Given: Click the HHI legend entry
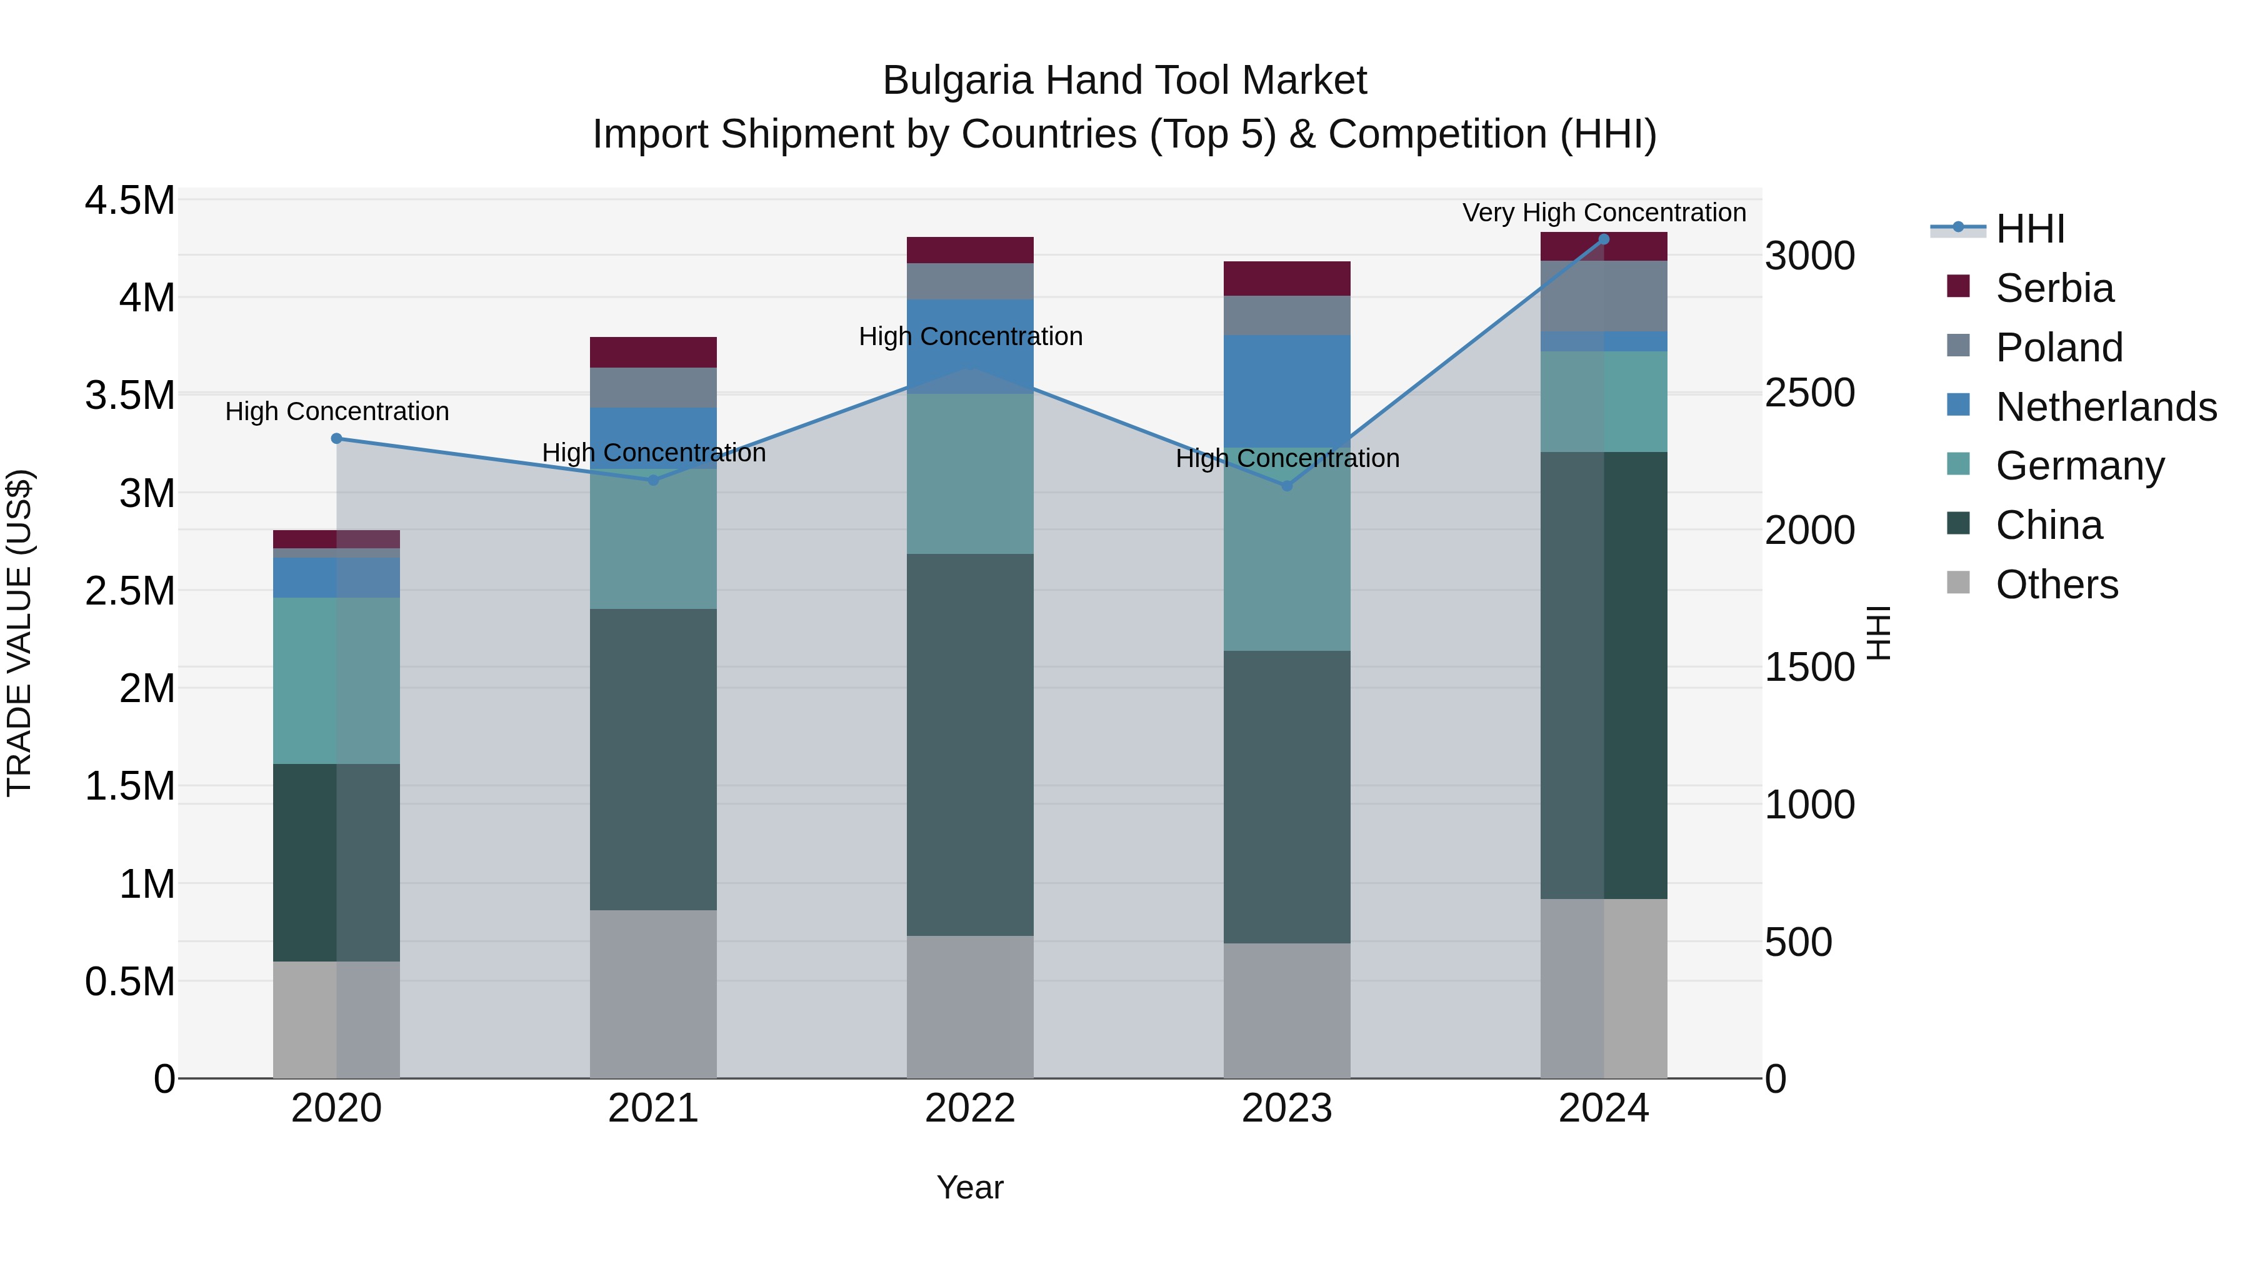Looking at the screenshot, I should [x=2029, y=229].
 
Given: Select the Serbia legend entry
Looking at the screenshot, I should [x=2054, y=288].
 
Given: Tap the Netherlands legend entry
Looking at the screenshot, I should [x=2105, y=407].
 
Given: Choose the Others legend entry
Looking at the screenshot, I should [x=2056, y=585].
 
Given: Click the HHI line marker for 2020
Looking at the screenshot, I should [x=336, y=439].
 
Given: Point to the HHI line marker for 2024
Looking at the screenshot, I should [x=1604, y=239].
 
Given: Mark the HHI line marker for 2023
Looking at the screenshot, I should [x=1287, y=486].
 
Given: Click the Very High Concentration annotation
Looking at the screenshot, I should [x=1604, y=213].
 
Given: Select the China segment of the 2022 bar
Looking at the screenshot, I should [x=969, y=745].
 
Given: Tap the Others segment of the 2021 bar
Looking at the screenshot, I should [x=652, y=994].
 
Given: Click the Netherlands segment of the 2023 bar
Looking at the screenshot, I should [x=1287, y=391].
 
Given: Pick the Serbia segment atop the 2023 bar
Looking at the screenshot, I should [x=1287, y=278].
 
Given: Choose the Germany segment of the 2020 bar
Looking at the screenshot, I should [x=336, y=681].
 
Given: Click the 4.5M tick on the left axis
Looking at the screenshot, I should [x=129, y=201].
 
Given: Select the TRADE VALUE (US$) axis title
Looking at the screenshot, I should [x=19, y=633].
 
